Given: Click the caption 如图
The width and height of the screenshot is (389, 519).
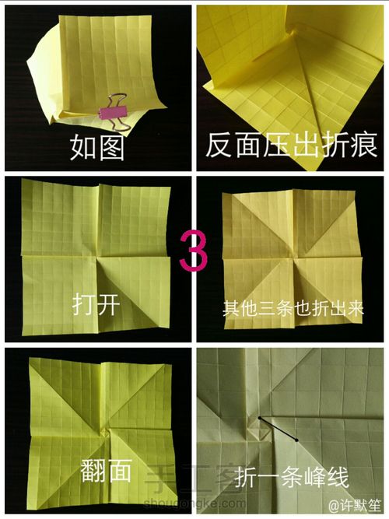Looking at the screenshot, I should tap(97, 146).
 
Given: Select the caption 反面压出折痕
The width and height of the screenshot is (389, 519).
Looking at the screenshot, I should tap(292, 145).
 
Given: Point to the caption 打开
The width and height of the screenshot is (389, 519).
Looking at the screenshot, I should tap(96, 303).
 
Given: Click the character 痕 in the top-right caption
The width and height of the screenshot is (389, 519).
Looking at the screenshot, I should tap(363, 145).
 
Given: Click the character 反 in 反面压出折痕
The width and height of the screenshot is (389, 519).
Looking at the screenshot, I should tap(220, 145).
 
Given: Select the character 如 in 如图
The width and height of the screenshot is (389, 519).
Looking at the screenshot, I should tap(83, 146).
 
